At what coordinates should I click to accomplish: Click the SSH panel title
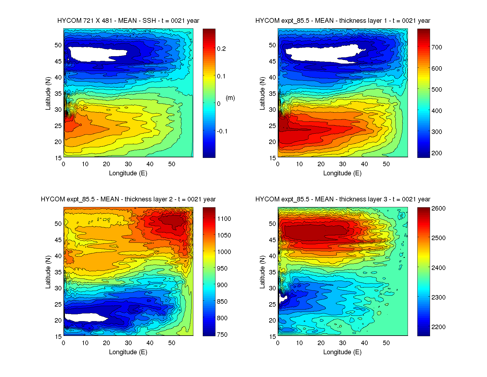(128, 21)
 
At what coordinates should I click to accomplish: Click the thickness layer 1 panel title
(343, 21)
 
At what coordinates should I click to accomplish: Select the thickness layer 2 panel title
(128, 199)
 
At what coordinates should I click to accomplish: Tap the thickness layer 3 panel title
(343, 199)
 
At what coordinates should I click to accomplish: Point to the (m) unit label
(230, 98)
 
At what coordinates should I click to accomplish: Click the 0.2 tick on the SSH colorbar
(221, 49)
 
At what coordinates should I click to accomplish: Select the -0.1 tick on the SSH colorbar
(222, 131)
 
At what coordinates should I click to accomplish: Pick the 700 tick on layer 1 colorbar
(437, 47)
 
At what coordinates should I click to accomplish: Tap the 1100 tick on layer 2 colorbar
(224, 219)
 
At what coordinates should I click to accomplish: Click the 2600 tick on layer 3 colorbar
(438, 208)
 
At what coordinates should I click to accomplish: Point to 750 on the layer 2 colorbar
(222, 334)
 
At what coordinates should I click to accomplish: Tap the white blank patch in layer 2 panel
(83, 317)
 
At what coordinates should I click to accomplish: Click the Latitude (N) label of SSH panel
(48, 93)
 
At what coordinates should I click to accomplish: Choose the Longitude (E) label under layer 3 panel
(342, 352)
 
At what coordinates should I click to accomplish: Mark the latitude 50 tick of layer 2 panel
(58, 224)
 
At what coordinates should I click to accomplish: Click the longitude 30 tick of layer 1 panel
(343, 164)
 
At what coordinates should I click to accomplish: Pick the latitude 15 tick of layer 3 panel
(272, 336)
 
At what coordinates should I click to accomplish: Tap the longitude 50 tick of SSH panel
(171, 164)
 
